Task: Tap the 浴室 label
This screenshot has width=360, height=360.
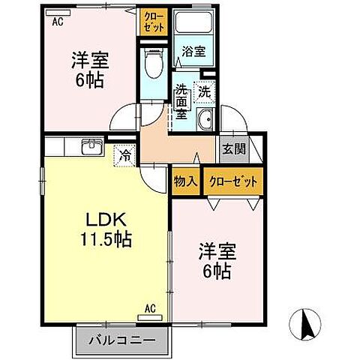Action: (x=193, y=52)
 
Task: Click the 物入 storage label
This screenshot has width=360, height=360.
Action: (x=186, y=181)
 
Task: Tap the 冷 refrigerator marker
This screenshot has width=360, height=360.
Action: (x=123, y=157)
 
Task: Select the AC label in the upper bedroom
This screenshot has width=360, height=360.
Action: (x=57, y=22)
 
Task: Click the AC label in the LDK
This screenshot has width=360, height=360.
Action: (x=149, y=307)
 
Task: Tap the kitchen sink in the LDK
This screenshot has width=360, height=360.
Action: (x=91, y=145)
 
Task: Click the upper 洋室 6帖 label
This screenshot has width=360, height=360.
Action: (x=88, y=68)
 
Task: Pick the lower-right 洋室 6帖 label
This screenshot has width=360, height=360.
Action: (x=214, y=259)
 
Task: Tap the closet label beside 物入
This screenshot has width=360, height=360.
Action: (x=233, y=181)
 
